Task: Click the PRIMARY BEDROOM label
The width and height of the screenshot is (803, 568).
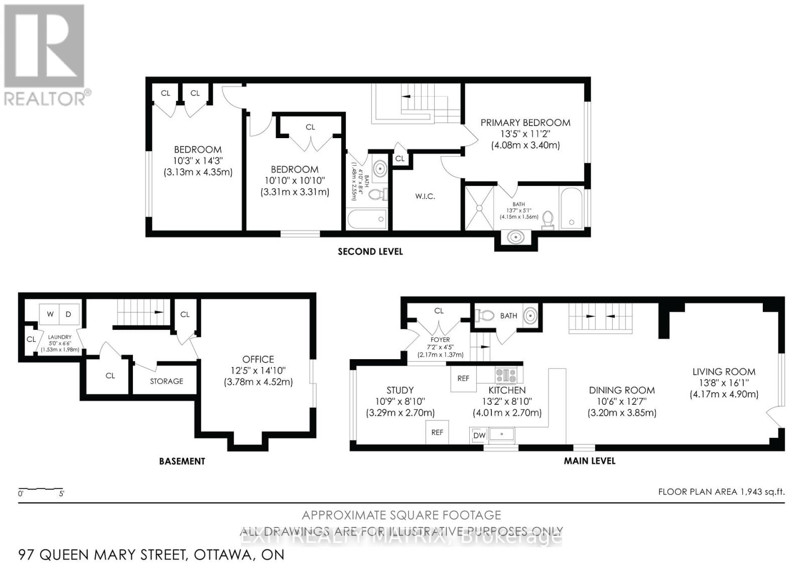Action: [525, 123]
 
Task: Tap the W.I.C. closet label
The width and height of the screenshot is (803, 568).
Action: [425, 196]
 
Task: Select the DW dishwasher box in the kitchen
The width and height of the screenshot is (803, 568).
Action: [479, 435]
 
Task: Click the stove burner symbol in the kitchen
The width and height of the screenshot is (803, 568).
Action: [505, 375]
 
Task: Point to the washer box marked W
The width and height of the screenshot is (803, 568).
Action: [50, 314]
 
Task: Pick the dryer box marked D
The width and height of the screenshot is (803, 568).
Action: [69, 314]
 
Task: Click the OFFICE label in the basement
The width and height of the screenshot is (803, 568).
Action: [258, 359]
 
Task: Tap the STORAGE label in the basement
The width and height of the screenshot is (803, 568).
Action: [166, 381]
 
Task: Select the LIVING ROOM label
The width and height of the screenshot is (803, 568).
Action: [723, 372]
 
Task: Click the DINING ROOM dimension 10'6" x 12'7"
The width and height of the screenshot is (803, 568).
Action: [621, 401]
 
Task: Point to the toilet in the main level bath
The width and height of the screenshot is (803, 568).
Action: [485, 316]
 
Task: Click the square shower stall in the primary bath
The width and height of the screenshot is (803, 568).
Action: [479, 208]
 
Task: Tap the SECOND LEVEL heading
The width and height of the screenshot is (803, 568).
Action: [370, 252]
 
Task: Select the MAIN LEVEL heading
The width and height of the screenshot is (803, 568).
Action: [589, 461]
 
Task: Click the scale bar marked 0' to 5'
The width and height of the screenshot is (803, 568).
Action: [41, 489]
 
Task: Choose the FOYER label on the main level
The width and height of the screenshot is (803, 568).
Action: [440, 339]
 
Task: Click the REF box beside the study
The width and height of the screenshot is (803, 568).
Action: [437, 432]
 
